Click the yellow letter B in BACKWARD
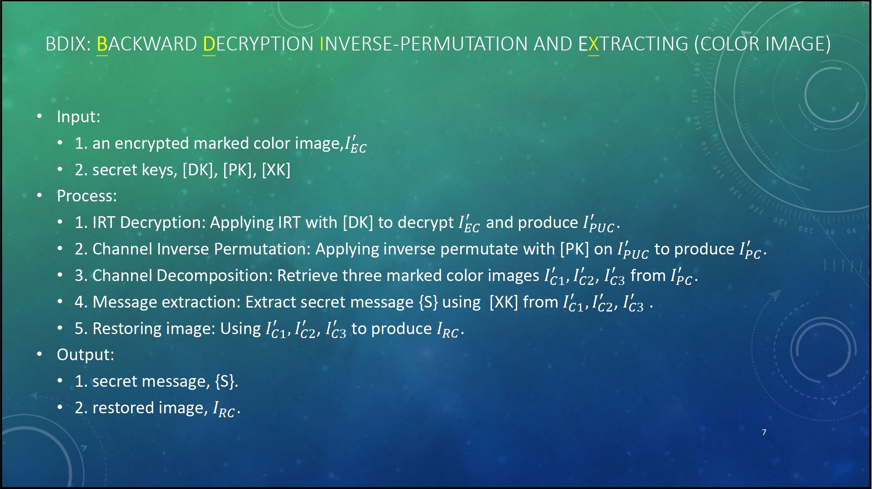(x=102, y=44)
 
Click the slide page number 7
(x=764, y=432)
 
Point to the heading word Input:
(x=78, y=117)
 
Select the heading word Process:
(x=87, y=196)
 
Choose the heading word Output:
(x=85, y=355)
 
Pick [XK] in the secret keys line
(x=276, y=170)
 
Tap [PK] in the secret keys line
(x=239, y=170)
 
